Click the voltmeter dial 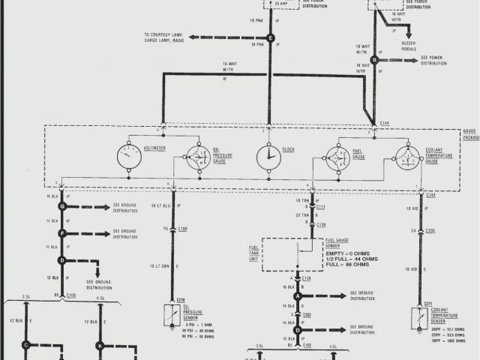129,158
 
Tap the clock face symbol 268,157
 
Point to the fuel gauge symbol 338,158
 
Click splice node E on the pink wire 271,37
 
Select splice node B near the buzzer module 383,59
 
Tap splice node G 63,205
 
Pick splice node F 63,233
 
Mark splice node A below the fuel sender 297,296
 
